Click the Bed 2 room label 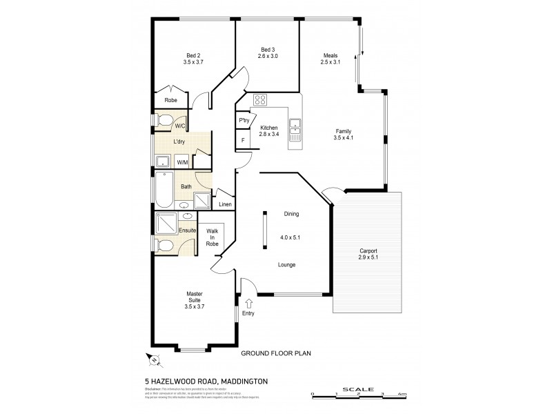193,56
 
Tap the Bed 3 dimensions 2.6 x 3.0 268,56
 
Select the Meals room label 331,56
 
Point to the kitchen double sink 295,125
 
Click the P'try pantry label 244,121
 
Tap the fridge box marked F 244,141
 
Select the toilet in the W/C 163,123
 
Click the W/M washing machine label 182,162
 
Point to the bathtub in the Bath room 164,191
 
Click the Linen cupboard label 225,204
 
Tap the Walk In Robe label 212,238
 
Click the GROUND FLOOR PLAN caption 276,353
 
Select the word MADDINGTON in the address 239,380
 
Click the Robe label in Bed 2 170,100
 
